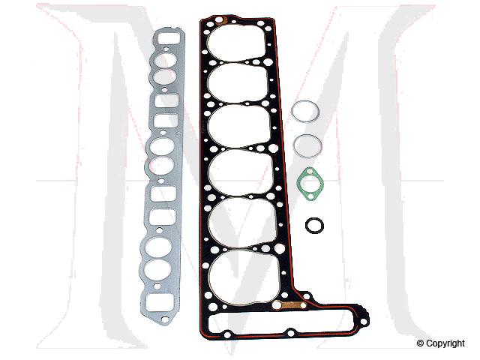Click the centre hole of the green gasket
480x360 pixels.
[309, 183]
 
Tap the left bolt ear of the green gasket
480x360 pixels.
[299, 178]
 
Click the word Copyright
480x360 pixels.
[445, 343]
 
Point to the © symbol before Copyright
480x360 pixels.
[421, 343]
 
